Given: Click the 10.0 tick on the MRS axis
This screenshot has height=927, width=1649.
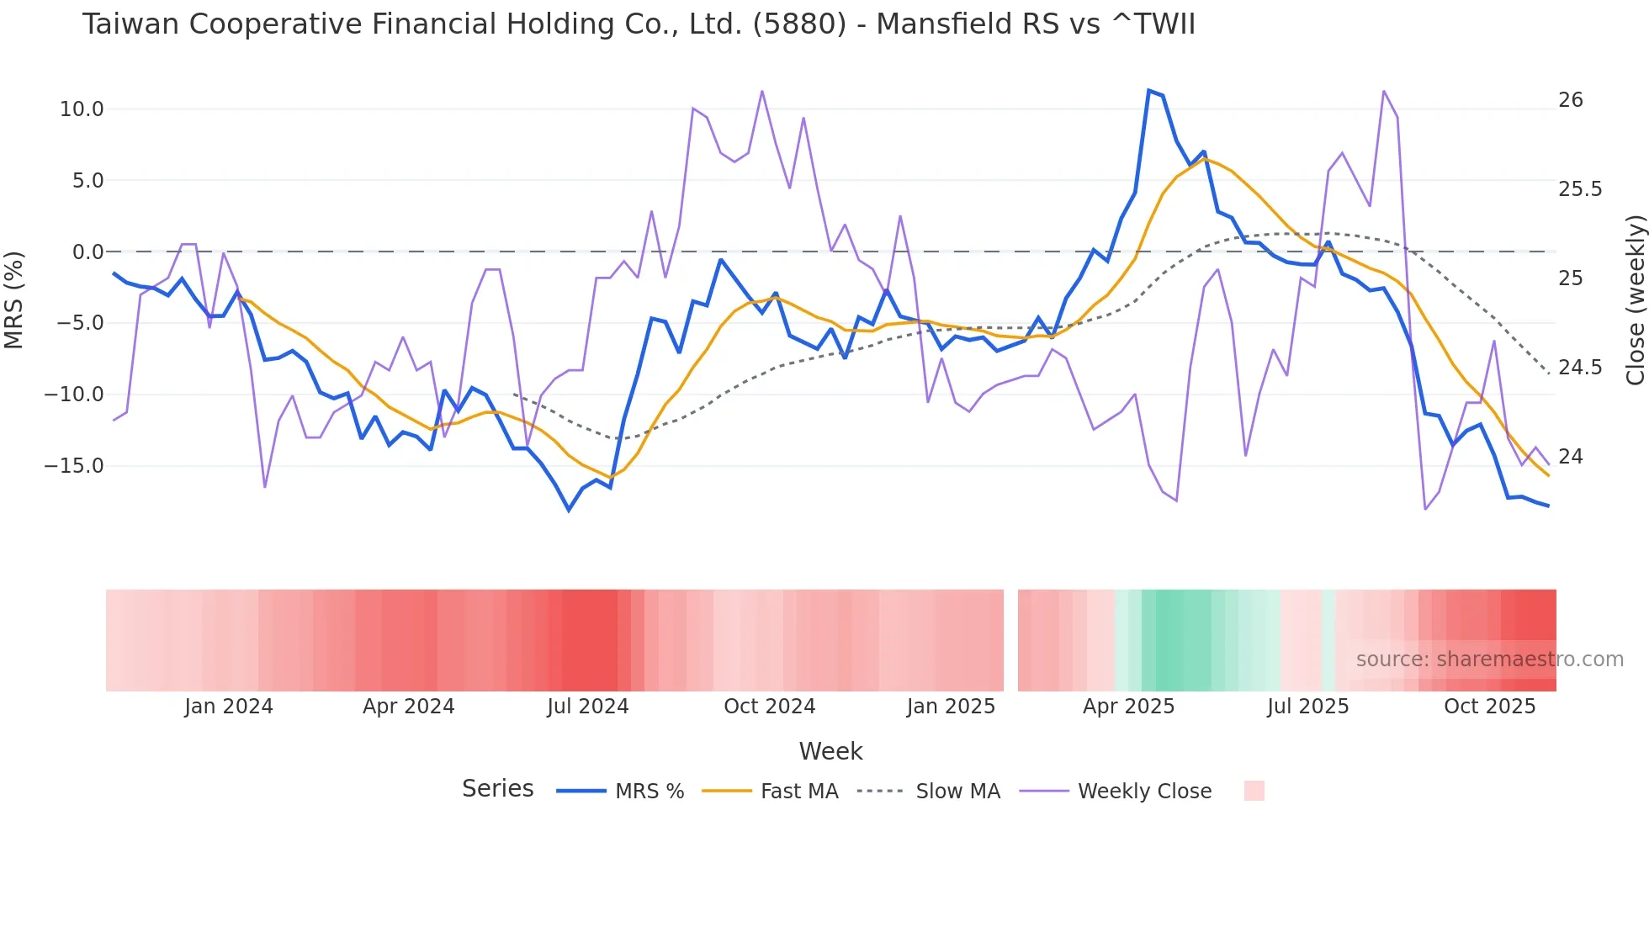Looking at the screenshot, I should pos(81,109).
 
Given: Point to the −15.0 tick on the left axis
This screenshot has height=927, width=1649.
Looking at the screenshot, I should pos(74,466).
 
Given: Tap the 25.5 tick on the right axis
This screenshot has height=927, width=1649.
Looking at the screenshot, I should pos(1580,189).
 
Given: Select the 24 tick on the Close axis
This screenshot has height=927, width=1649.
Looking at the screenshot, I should pos(1570,457).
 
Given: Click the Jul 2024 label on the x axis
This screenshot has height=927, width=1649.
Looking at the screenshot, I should pos(587,707).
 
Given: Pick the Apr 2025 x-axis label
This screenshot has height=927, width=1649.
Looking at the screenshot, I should pos(1128,707).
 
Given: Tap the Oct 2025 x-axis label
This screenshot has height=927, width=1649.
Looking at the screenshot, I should pos(1489,707).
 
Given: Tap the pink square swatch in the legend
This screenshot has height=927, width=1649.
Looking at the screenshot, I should pos(1254,791).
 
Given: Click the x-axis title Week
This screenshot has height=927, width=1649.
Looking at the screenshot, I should pos(830,751).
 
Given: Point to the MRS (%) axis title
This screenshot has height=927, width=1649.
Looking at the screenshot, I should pos(14,300).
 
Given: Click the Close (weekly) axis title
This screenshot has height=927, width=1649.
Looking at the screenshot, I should pos(1635,300).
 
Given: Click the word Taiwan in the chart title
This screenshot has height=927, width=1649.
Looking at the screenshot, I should pos(130,24).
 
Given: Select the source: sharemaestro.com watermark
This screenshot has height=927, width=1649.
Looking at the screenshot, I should pos(1489,659).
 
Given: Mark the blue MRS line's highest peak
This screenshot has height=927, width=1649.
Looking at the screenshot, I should pos(1149,90).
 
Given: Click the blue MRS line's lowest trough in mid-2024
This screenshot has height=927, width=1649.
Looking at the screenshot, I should pos(569,510).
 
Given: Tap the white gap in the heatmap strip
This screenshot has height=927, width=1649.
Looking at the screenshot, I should pos(1010,640).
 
